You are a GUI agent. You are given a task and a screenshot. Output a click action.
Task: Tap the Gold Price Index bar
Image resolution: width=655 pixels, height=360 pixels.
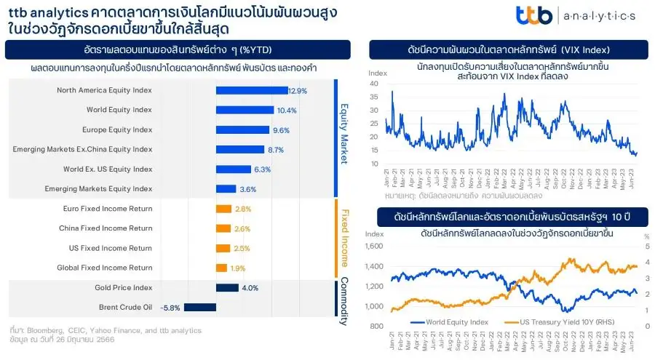(227, 287)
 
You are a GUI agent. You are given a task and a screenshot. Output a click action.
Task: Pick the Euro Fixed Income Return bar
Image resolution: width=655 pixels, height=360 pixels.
(223, 209)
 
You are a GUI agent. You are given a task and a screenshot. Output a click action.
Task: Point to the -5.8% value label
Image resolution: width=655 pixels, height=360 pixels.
(170, 307)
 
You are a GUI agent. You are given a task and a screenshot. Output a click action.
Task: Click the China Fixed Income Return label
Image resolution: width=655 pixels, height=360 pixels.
(106, 228)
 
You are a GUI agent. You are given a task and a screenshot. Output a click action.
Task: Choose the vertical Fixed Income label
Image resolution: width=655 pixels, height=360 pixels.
(344, 238)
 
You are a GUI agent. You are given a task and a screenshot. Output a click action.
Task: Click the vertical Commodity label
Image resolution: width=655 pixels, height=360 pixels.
(344, 297)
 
